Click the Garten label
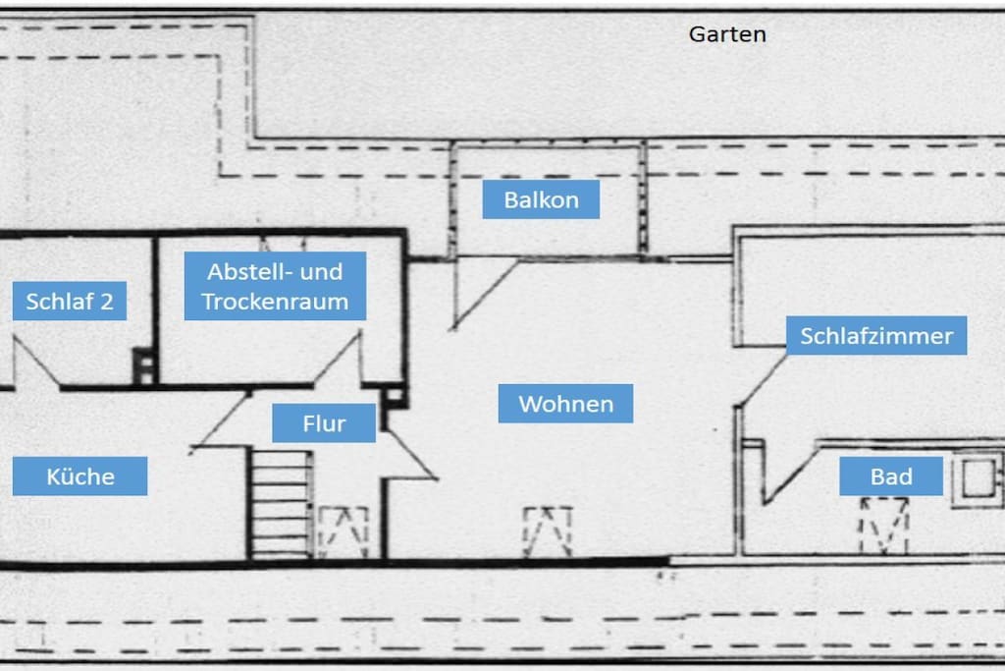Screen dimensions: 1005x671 [x=727, y=34]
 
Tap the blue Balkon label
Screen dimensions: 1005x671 [x=541, y=199]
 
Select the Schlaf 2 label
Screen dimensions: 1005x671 [x=70, y=301]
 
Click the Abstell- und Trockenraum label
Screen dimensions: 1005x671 [x=275, y=286]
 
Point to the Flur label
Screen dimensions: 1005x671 [x=324, y=422]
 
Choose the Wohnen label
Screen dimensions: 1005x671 [x=565, y=404]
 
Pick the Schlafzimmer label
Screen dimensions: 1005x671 [x=876, y=336]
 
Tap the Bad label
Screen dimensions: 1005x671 [x=891, y=475]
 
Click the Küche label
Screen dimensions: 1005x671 [x=80, y=475]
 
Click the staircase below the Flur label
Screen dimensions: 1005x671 [x=280, y=504]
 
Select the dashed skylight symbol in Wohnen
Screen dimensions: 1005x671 [x=548, y=531]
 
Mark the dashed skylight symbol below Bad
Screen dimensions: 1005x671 [x=884, y=526]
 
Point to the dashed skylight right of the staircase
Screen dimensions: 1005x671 [x=344, y=532]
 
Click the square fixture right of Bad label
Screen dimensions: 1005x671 [x=978, y=478]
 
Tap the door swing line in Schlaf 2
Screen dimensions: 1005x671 [x=36, y=363]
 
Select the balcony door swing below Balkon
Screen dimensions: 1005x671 [x=485, y=295]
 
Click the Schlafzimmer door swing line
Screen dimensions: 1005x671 [x=762, y=380]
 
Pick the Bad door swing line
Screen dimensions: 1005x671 [x=791, y=475]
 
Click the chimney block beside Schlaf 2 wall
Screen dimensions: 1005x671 [x=143, y=365]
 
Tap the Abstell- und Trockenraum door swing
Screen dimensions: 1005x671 [x=338, y=360]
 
